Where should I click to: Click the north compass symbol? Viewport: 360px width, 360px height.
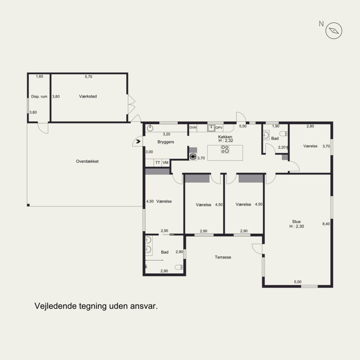click(333, 31)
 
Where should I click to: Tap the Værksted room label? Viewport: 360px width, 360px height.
click(88, 96)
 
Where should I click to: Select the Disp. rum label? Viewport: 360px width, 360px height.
click(39, 97)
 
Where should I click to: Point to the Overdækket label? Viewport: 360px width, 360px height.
click(87, 162)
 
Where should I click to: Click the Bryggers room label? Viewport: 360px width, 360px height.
click(166, 142)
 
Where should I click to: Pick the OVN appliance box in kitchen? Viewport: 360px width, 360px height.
click(193, 128)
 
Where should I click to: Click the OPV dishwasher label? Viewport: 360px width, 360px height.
click(219, 128)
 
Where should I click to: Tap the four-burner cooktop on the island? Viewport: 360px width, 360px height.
click(225, 149)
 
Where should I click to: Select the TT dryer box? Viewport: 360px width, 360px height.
click(158, 162)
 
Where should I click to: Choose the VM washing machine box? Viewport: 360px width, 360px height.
click(166, 162)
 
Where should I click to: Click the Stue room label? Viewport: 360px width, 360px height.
click(297, 221)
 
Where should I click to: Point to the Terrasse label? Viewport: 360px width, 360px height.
click(223, 257)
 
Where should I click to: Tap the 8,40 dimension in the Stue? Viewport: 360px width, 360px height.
click(326, 224)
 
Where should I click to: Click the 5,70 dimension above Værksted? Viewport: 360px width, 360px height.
click(89, 76)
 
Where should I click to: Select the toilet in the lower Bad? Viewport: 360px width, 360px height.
click(179, 267)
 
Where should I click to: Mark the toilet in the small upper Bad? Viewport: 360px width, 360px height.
click(283, 134)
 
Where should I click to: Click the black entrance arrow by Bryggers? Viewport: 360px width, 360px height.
click(138, 141)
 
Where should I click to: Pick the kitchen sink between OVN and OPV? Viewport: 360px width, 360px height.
click(211, 128)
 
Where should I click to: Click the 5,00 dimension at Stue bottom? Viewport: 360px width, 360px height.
click(297, 282)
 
